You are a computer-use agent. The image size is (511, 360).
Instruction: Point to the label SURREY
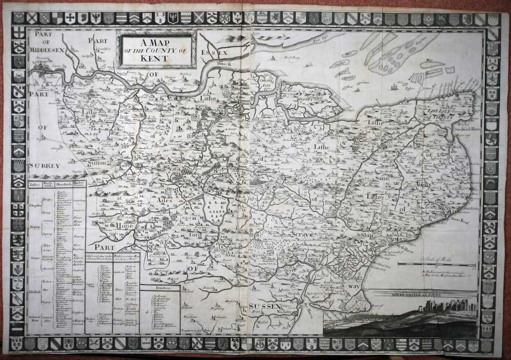pyautogui.click(x=44, y=165)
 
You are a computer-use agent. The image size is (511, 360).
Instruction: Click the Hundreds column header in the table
pyautogui.click(x=63, y=185)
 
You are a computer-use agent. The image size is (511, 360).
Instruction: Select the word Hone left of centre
pyautogui.click(x=125, y=226)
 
